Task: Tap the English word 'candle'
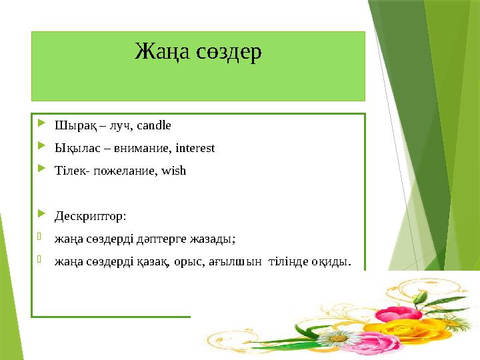point(156,125)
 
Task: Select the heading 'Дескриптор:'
point(90,216)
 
